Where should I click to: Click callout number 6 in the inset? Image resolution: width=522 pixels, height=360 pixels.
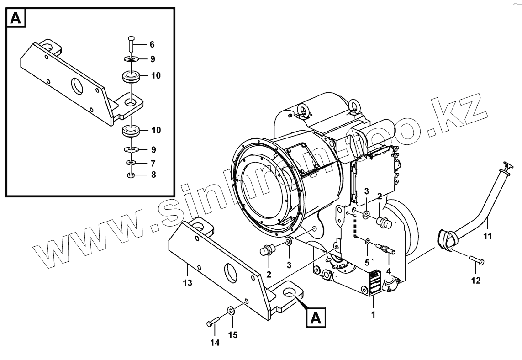(152, 45)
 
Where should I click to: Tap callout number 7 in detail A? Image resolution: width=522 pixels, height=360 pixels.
(153, 163)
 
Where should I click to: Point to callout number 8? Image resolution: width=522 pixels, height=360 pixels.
(153, 175)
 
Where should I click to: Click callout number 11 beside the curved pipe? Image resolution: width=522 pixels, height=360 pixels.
(488, 236)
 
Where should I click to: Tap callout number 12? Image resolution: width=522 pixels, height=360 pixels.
(475, 281)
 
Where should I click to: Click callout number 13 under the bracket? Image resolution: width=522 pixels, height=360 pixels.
(187, 283)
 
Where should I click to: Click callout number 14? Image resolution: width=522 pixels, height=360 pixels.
(215, 343)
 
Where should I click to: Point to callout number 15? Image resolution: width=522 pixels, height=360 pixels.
(233, 335)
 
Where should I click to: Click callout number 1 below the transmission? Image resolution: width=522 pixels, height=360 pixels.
(373, 314)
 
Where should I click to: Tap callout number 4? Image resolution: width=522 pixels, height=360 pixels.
(389, 270)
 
